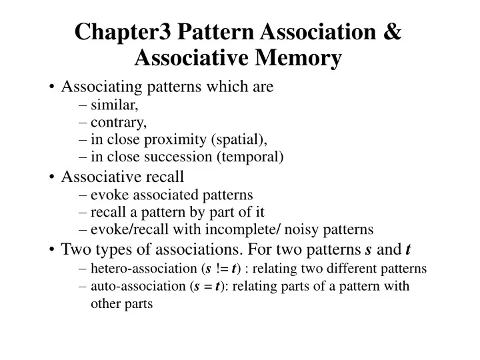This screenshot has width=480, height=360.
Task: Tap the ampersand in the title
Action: click(x=393, y=32)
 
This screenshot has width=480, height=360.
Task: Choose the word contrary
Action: click(x=118, y=122)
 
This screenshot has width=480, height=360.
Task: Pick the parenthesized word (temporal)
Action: click(x=253, y=157)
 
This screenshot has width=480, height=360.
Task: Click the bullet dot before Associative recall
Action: click(x=51, y=177)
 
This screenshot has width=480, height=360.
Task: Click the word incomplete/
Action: click(x=254, y=230)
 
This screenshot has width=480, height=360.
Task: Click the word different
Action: click(x=357, y=269)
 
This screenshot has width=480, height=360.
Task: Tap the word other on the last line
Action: click(x=105, y=303)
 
